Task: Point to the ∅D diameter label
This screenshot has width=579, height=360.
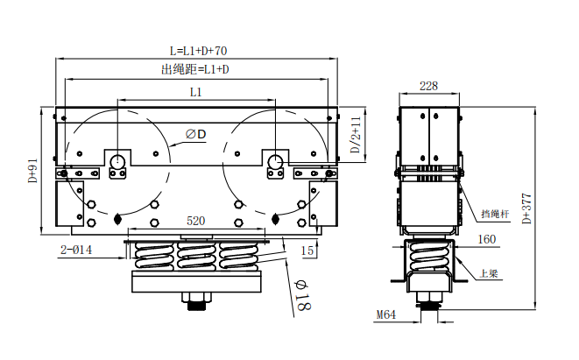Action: point(195,134)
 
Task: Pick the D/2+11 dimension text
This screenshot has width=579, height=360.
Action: point(356,135)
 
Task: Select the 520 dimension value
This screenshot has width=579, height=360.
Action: point(196,222)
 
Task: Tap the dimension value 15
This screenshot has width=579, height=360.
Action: point(307,251)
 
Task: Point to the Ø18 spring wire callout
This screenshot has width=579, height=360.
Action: point(299,296)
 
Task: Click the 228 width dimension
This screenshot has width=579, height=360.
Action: point(428,86)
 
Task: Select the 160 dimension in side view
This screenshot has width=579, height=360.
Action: point(486,238)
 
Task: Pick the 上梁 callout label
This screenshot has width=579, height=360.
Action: point(488,273)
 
